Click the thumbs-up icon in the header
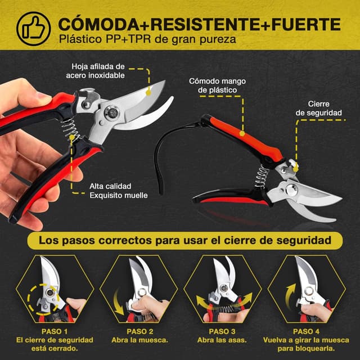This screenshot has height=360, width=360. point(34,29)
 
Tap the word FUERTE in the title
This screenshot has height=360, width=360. point(306,24)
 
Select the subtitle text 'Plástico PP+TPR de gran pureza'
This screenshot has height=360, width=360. point(147,39)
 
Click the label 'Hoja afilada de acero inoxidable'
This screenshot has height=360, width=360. point(96,71)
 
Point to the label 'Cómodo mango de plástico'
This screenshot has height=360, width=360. point(217,85)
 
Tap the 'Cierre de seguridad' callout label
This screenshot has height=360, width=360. point(318,109)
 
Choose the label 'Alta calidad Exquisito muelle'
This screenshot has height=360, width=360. point(119,191)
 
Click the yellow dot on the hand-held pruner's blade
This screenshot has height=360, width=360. point(148,93)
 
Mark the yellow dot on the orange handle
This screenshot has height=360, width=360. point(242,133)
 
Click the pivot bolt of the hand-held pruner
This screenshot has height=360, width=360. point(112,112)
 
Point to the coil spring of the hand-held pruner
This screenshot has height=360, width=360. point(70,130)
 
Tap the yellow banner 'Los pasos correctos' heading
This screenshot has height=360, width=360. point(185,240)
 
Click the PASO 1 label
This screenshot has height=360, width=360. point(55,331)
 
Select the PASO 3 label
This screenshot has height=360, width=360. point(222,331)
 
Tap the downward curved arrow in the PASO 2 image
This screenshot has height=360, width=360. point(118,301)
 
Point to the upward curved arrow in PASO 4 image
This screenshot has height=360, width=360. point(289,296)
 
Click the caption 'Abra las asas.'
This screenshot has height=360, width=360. point(222,340)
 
